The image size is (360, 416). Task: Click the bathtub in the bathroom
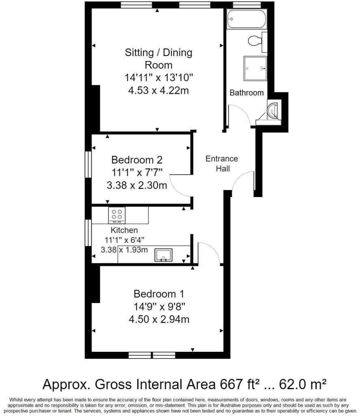246,19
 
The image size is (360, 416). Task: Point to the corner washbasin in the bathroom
273,110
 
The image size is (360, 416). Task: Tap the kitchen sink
163,255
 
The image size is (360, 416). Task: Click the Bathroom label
246,93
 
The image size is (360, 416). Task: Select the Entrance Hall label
222,163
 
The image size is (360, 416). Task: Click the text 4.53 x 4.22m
158,91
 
